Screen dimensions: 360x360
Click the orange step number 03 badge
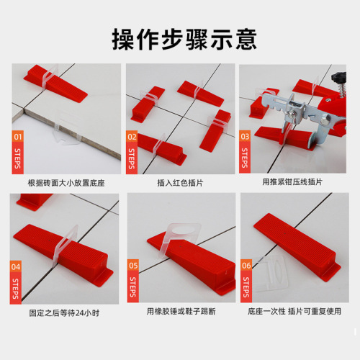pos(246,135)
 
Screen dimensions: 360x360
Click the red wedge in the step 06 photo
pos(295,245)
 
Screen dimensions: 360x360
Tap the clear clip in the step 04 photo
pos(61,245)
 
